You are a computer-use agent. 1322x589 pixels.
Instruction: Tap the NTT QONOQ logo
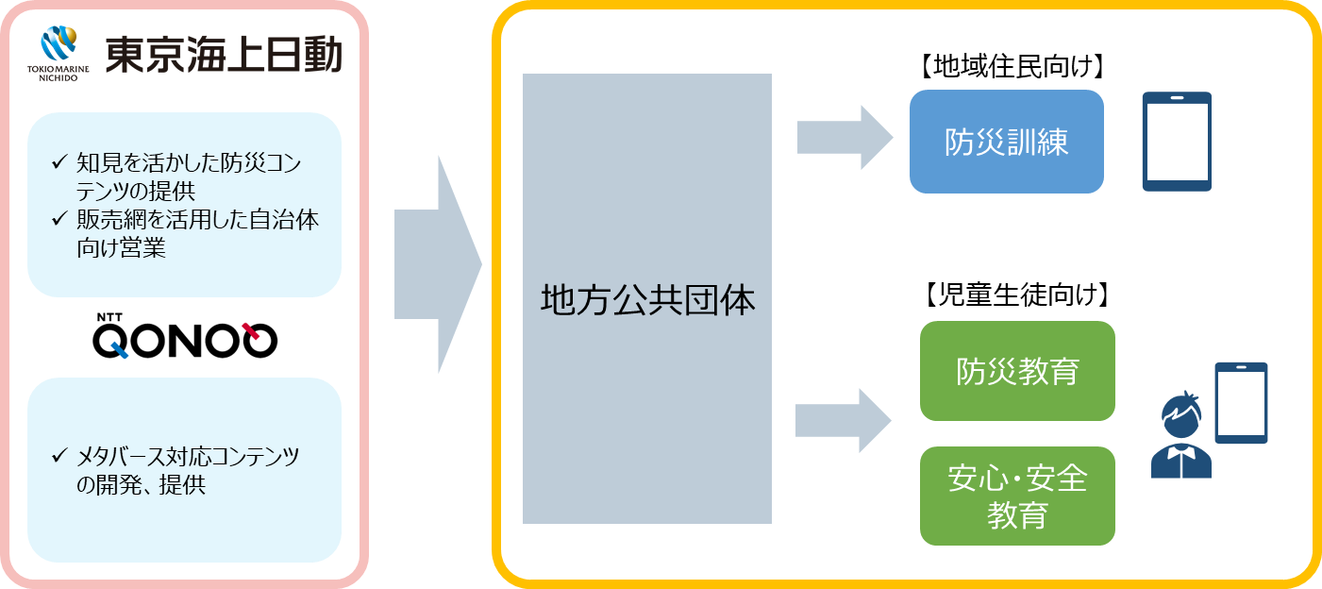pos(185,336)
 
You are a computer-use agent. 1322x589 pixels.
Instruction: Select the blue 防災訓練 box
pos(1006,142)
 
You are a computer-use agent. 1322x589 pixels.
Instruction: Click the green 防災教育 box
pos(1017,371)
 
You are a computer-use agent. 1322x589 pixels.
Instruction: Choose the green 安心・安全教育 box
pos(1017,496)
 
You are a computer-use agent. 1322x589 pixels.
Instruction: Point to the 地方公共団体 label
pos(647,300)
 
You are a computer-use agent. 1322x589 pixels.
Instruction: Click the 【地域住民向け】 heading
pos(1006,67)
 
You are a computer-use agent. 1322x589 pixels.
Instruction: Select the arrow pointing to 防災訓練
pos(844,137)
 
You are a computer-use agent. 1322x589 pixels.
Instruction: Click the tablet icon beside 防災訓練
pos(1177,142)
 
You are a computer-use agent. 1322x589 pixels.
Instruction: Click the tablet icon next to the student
pos(1241,403)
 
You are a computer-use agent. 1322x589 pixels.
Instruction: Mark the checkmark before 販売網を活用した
pos(59,221)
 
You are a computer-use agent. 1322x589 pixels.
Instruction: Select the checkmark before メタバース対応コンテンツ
pos(59,458)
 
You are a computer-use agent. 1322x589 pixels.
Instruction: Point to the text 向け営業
pos(122,250)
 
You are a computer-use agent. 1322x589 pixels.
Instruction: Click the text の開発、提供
pos(142,486)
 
